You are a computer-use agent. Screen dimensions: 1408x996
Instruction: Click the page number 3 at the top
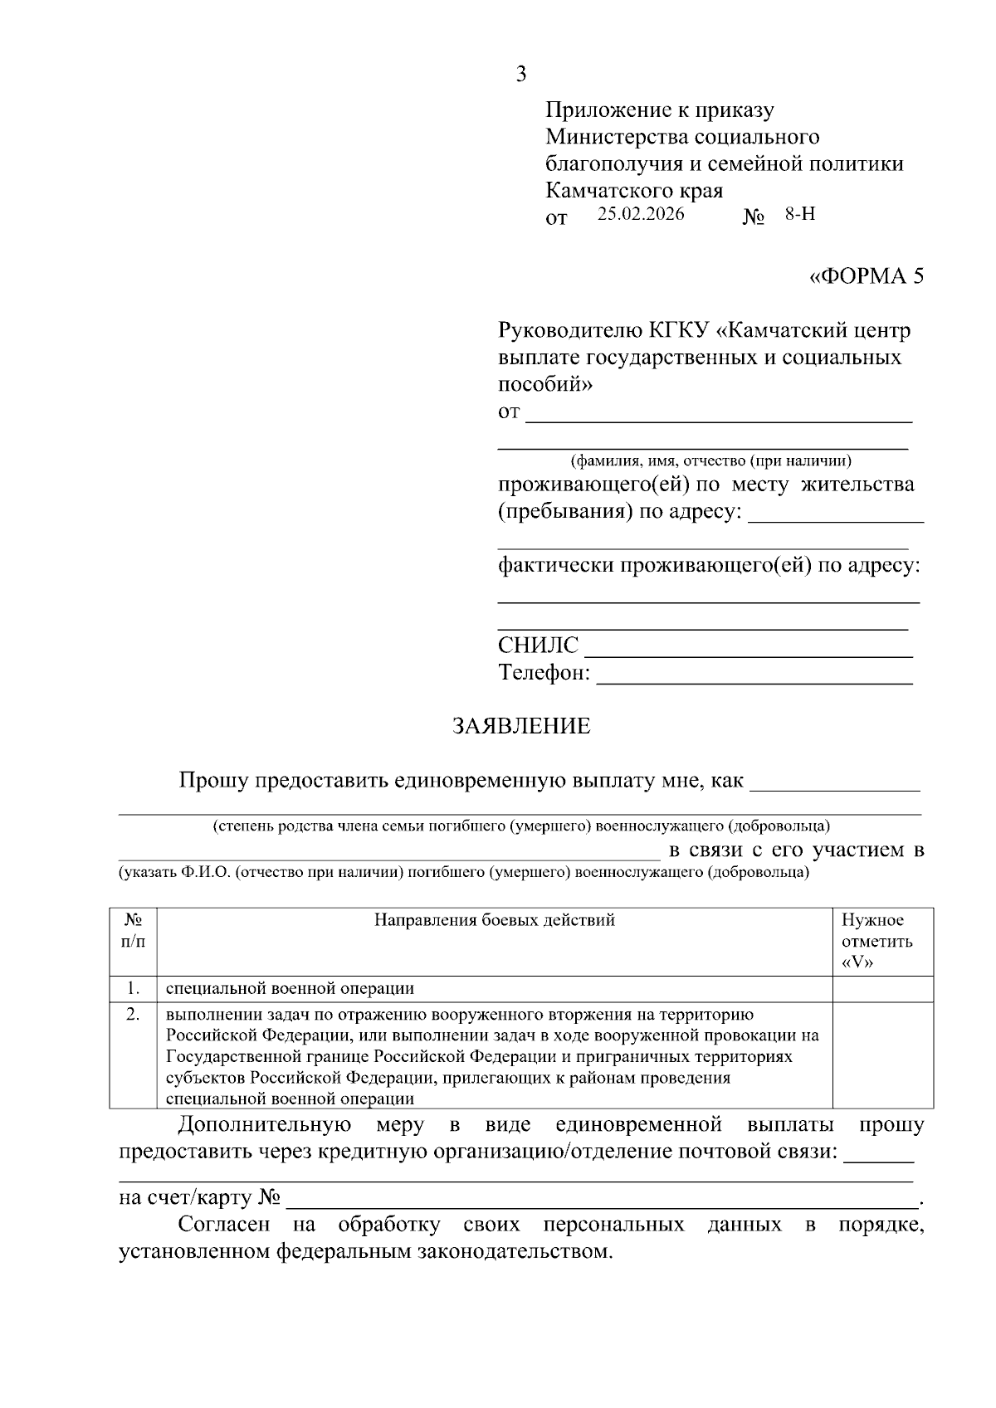(x=520, y=75)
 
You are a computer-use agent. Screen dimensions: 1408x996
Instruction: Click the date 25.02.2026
(x=640, y=214)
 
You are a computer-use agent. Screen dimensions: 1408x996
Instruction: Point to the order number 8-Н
(x=800, y=214)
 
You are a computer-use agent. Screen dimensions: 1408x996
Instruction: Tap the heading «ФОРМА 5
(x=866, y=276)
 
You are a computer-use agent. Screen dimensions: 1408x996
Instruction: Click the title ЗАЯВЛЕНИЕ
(x=521, y=726)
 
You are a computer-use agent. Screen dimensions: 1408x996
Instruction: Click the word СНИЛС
(x=538, y=646)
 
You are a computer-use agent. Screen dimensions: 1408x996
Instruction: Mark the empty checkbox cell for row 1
(x=882, y=988)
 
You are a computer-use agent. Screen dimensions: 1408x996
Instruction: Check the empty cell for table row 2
(x=882, y=1055)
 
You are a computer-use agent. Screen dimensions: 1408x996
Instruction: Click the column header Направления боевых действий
(x=495, y=920)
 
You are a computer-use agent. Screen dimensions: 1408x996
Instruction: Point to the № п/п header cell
(x=133, y=931)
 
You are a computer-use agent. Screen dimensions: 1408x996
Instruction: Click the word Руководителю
(x=569, y=331)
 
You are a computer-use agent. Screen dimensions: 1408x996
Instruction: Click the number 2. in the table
(x=133, y=1014)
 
